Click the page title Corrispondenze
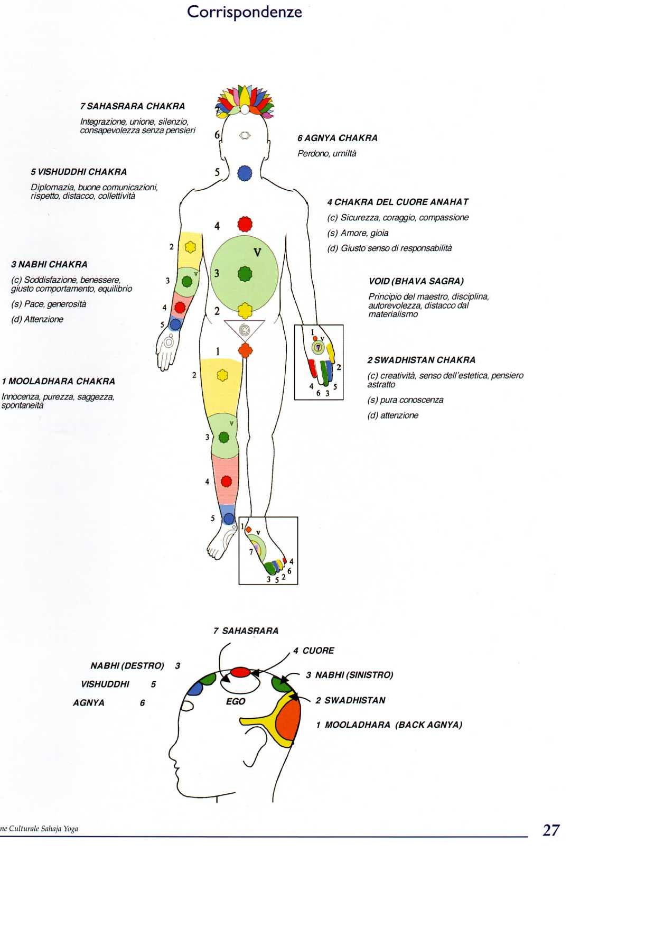(x=244, y=12)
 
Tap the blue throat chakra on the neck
(x=244, y=173)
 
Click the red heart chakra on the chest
(x=245, y=224)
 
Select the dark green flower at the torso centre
(x=244, y=274)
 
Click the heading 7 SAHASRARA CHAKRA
(x=133, y=106)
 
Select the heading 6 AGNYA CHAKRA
(x=337, y=138)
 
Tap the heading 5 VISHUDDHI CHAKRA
(x=79, y=172)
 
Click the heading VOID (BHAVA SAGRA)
(x=416, y=281)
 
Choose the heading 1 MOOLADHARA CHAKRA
(x=58, y=381)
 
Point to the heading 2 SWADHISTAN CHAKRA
(x=421, y=360)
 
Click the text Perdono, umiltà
(x=326, y=153)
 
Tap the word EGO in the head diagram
(x=236, y=701)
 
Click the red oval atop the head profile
(x=240, y=672)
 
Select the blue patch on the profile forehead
(x=195, y=688)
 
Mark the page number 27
(x=550, y=830)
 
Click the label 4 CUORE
(x=314, y=651)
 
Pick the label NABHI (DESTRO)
(x=127, y=666)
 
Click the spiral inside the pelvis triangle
(x=244, y=330)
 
